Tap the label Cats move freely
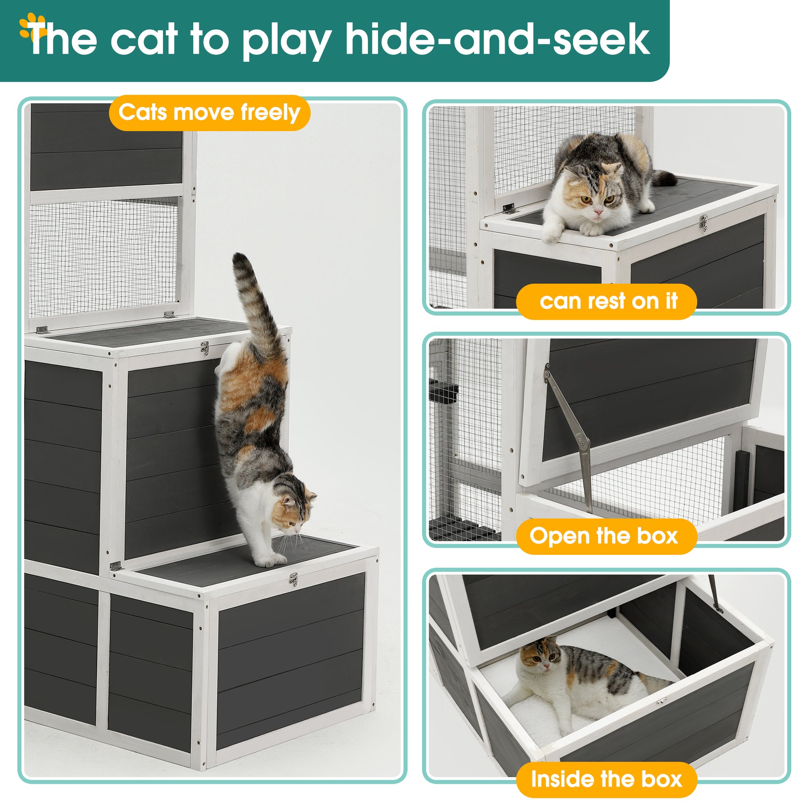(209, 113)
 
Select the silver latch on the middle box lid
(205, 348)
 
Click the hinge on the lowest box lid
(115, 566)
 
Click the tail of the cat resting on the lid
(664, 178)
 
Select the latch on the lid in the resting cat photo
(703, 223)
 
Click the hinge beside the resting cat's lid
(508, 209)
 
